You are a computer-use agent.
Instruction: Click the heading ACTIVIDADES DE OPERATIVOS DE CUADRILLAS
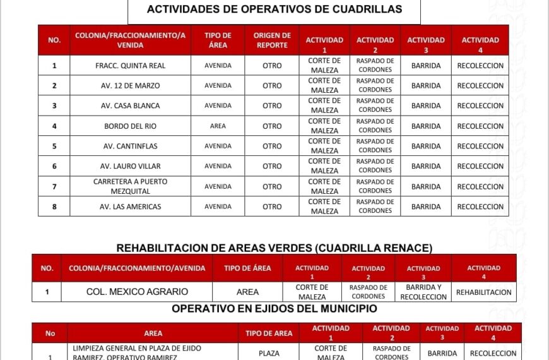point(274,9)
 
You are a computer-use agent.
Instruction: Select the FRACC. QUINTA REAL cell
point(130,66)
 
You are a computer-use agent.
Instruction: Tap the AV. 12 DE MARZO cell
point(130,86)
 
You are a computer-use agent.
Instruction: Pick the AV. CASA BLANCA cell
point(130,106)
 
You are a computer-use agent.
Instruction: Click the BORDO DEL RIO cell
point(130,126)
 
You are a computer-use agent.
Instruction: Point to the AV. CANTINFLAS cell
point(130,147)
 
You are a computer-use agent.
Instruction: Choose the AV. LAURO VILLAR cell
point(130,167)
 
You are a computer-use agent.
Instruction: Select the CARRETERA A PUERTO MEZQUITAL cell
point(130,186)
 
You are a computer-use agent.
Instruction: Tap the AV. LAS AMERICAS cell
point(130,207)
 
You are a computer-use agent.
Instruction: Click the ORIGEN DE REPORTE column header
point(272,40)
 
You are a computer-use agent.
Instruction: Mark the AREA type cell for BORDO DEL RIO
point(218,126)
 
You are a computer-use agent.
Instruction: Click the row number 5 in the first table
point(54,147)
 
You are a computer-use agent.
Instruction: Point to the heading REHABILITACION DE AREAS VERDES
point(274,248)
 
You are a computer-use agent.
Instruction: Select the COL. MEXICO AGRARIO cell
point(137,292)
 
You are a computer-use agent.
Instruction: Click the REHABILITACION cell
point(484,292)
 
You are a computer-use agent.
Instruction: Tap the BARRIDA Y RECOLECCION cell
point(423,292)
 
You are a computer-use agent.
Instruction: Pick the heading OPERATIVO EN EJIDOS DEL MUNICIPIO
point(274,309)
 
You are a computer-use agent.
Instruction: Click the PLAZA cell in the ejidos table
point(269,354)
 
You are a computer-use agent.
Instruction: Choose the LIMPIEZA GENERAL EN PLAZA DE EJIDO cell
point(152,352)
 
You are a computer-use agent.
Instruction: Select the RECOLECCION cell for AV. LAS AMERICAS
point(480,207)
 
